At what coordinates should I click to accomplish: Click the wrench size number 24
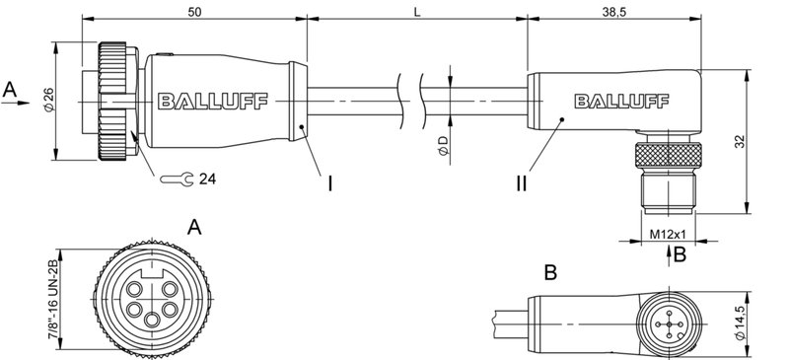pyautogui.click(x=207, y=180)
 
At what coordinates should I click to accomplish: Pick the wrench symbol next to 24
pyautogui.click(x=177, y=180)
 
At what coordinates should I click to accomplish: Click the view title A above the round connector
pyautogui.click(x=194, y=228)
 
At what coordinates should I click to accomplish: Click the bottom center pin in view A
pyautogui.click(x=152, y=319)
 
